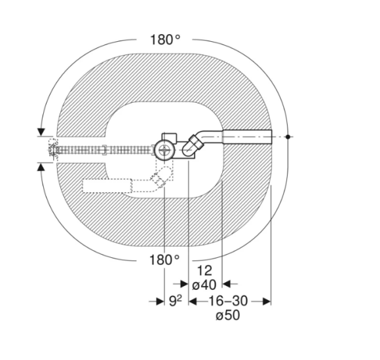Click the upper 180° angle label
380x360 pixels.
point(165,40)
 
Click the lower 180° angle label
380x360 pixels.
point(164,260)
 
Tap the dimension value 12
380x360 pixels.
point(204,271)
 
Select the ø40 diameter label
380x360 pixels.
point(204,285)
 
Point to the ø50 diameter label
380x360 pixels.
point(228,315)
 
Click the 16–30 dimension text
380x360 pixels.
point(228,301)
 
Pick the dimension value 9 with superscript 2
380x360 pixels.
point(175,301)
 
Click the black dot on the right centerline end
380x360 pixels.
point(288,137)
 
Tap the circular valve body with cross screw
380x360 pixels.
point(164,151)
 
